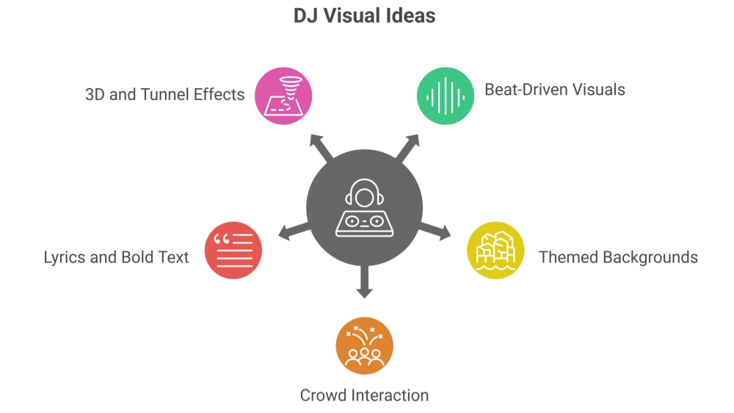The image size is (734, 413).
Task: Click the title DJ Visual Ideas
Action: tap(365, 15)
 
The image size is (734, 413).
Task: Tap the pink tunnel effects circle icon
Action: tap(283, 96)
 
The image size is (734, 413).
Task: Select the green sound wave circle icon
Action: tap(446, 96)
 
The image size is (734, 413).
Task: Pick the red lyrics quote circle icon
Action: tap(233, 250)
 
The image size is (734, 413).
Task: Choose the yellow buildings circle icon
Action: tap(495, 251)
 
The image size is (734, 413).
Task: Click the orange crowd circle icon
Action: tap(365, 345)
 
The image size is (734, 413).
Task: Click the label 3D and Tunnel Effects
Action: tap(165, 94)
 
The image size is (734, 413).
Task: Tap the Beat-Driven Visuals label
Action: tap(555, 90)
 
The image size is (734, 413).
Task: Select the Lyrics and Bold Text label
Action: tap(116, 257)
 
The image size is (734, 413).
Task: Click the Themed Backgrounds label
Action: tap(618, 257)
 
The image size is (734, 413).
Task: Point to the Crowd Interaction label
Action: tap(364, 395)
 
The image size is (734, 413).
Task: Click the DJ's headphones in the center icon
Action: tap(365, 193)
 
